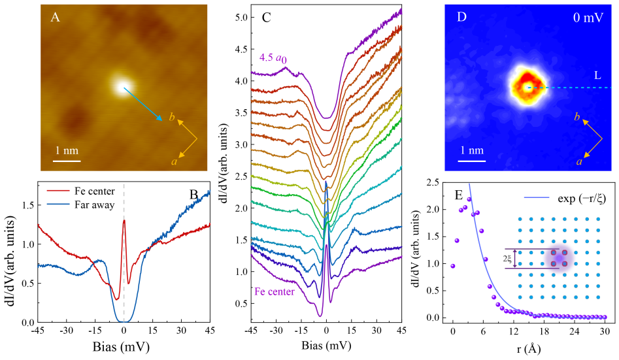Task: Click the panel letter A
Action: point(56,18)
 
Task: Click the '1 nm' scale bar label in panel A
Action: point(67,150)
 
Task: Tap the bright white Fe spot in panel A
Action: point(123,86)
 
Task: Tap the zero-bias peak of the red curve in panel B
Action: point(124,221)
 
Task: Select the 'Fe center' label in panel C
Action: point(275,291)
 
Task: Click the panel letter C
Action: point(266,18)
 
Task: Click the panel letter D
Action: point(462,18)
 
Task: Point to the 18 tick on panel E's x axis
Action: point(529,331)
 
